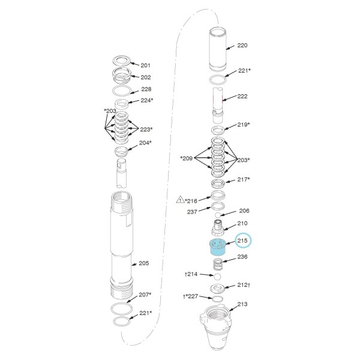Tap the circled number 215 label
[242, 241]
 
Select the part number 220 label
[242, 46]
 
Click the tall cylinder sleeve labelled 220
[218, 49]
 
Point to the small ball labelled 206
[218, 215]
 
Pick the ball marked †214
[217, 277]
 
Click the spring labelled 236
[217, 265]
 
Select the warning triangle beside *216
[180, 200]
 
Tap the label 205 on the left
[144, 263]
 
